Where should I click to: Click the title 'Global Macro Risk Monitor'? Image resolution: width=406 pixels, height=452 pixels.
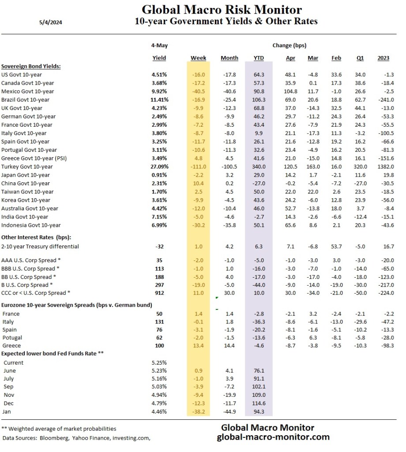(222, 10)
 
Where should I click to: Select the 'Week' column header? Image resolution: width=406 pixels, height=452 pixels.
(199, 58)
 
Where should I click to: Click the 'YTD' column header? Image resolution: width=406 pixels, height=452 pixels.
(259, 58)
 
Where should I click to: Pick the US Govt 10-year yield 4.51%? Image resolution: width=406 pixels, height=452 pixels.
(159, 75)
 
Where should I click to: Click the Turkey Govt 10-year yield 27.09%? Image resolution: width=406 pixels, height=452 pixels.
(158, 166)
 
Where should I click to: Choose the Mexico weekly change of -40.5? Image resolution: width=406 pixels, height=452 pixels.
(199, 91)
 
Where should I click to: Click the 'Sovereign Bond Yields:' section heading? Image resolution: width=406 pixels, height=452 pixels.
(31, 66)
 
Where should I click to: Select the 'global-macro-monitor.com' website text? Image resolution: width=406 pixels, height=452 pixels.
(273, 437)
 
